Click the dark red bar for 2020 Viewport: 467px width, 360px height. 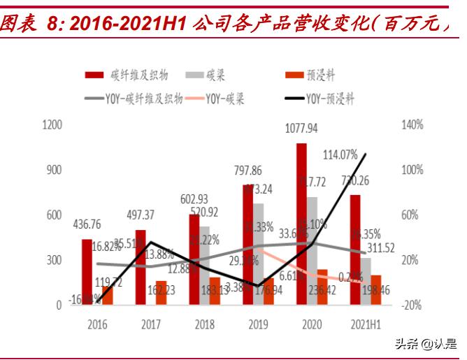pyautogui.click(x=301, y=224)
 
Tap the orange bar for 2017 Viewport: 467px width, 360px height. pyautogui.click(x=161, y=292)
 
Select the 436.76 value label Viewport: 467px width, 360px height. pyautogui.click(x=87, y=224)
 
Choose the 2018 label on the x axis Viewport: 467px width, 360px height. pyautogui.click(x=204, y=324)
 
